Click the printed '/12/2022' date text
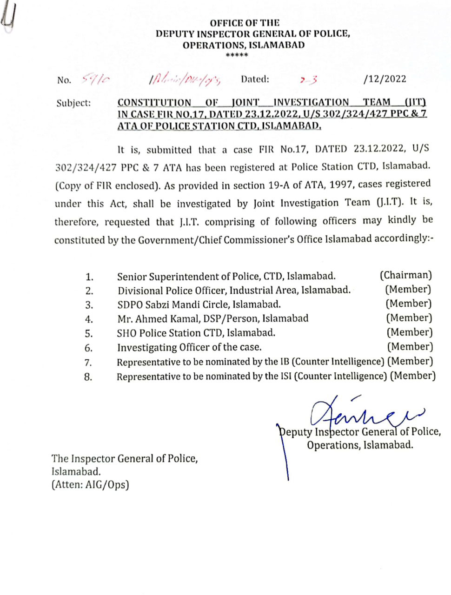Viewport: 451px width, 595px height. pyautogui.click(x=385, y=79)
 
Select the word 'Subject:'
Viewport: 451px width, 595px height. pyautogui.click(x=73, y=103)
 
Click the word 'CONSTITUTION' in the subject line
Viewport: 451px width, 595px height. pyautogui.click(x=154, y=103)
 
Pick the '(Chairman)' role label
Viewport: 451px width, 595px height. pyautogui.click(x=405, y=275)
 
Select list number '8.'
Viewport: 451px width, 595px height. pyautogui.click(x=88, y=377)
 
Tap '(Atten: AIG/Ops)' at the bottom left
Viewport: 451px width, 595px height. pyautogui.click(x=90, y=485)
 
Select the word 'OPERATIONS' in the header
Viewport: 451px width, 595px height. pyautogui.click(x=213, y=45)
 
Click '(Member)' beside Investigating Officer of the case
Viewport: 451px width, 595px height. pyautogui.click(x=410, y=347)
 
